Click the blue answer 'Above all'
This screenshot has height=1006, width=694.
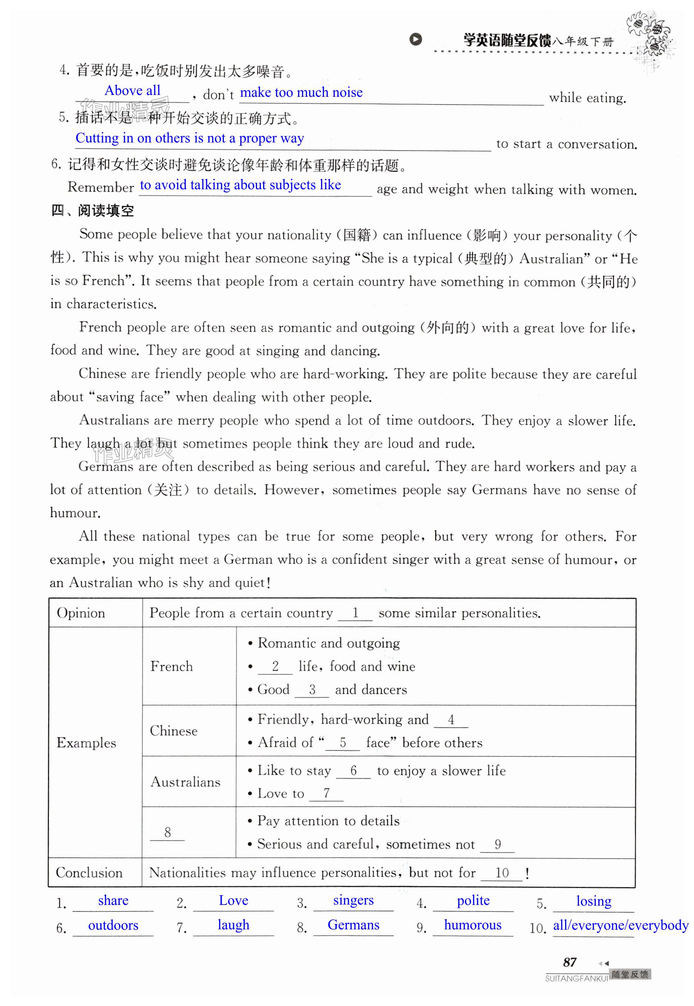click(x=132, y=91)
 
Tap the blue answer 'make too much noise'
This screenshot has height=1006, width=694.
click(x=301, y=92)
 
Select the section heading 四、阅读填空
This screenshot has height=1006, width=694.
click(x=92, y=211)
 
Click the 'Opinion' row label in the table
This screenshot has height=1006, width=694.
click(x=81, y=613)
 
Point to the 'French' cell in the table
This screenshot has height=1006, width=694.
click(x=171, y=666)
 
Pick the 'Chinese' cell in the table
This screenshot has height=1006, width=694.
click(x=173, y=731)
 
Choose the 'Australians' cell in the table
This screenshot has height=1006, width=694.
click(x=185, y=782)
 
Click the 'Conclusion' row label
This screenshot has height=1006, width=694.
click(x=89, y=873)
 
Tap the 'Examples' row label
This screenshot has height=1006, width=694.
click(x=86, y=743)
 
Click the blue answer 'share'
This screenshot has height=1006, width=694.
click(x=113, y=901)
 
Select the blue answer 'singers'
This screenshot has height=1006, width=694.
click(x=353, y=901)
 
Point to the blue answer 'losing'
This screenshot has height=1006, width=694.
click(x=594, y=901)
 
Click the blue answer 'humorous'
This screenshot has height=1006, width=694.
click(x=473, y=925)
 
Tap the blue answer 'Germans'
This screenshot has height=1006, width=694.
click(x=353, y=925)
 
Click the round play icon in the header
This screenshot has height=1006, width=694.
click(x=415, y=40)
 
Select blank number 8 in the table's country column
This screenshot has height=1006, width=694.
click(x=167, y=833)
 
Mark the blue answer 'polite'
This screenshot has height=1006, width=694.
click(x=473, y=901)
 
